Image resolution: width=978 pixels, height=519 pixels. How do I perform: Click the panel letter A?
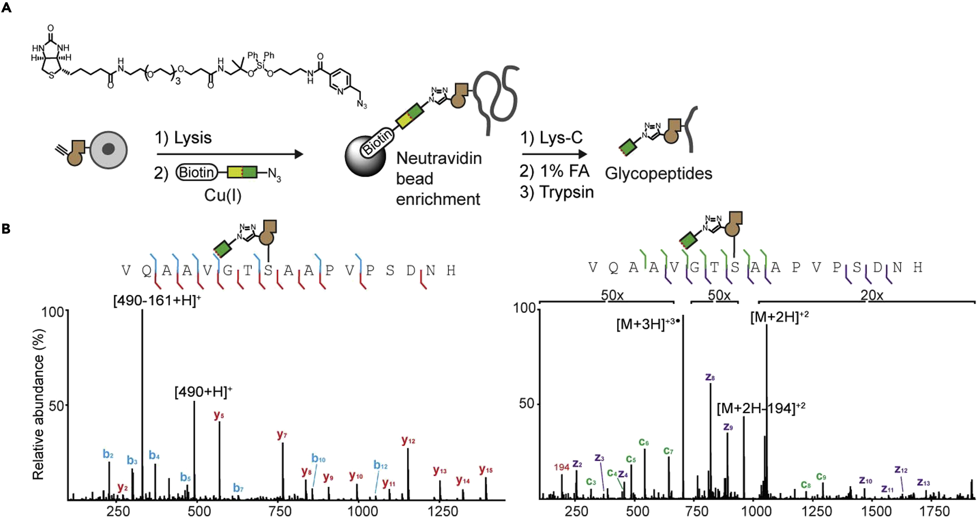tap(6, 8)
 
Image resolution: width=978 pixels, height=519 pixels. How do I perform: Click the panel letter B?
tap(6, 229)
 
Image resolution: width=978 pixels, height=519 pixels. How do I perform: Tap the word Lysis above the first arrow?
tap(192, 138)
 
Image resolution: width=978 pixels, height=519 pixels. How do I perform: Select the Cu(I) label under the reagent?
tap(223, 195)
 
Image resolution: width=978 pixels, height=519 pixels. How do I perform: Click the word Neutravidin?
tap(439, 158)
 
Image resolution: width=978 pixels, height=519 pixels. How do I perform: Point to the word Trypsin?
tap(567, 192)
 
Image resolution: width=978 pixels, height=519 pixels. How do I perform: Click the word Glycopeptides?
tap(658, 173)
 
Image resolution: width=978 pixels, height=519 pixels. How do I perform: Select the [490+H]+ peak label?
tap(203, 392)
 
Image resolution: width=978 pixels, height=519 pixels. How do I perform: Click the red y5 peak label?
tap(219, 415)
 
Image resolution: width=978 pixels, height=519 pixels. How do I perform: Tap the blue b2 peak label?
tap(108, 454)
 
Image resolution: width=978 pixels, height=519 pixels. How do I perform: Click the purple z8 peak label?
tap(710, 377)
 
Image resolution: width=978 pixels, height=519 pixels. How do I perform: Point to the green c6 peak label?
tap(643, 442)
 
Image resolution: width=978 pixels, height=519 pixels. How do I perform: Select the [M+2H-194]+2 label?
tap(761, 408)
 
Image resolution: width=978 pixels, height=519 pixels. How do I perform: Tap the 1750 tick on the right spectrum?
tap(934, 511)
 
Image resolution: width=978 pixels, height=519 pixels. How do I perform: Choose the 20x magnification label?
tap(872, 295)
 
